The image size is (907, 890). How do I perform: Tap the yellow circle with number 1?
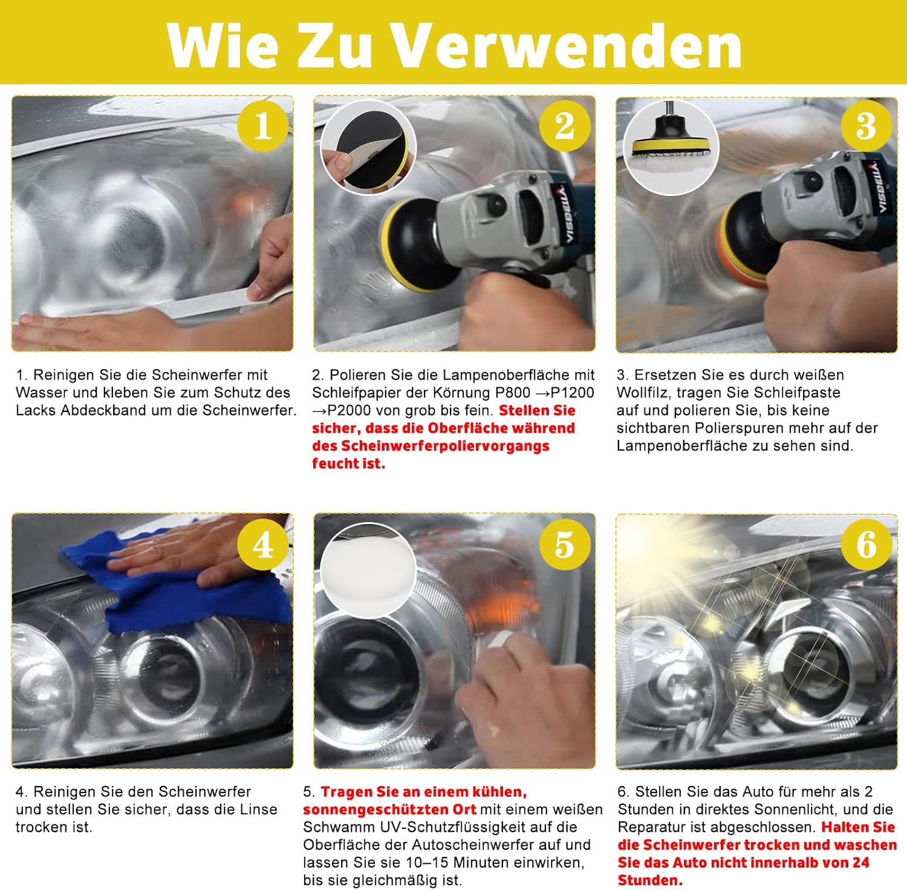[262, 126]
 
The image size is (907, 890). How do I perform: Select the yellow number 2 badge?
[565, 126]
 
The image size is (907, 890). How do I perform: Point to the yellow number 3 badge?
[866, 126]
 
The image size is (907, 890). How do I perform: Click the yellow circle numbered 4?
[262, 545]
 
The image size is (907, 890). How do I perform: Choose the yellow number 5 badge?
[565, 545]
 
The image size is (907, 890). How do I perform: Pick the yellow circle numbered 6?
[866, 545]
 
